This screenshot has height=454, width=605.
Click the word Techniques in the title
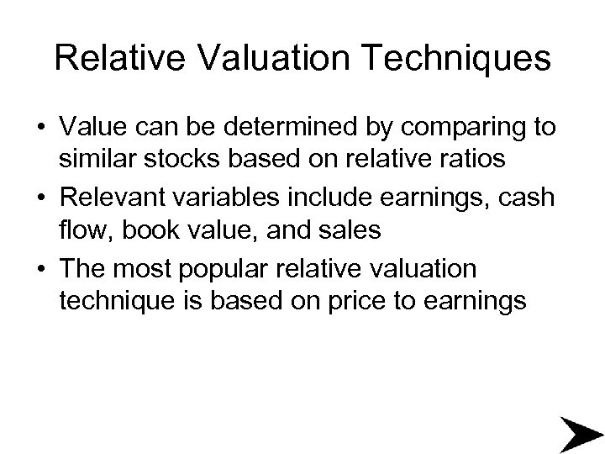468,59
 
